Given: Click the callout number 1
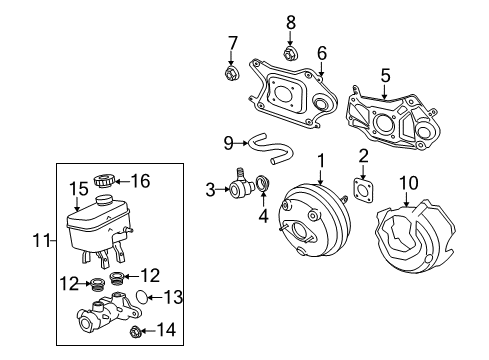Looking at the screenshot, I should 321,159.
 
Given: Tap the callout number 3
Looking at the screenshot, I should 211,188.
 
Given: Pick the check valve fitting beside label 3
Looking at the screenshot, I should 240,185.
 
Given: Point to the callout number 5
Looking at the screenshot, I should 384,73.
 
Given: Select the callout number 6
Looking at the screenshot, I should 322,54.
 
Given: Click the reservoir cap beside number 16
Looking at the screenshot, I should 103,181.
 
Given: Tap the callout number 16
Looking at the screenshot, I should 139,180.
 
